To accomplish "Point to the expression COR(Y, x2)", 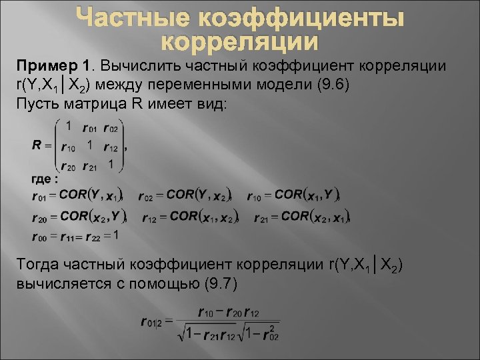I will tap(199, 195).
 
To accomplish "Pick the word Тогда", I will tap(41, 265).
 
